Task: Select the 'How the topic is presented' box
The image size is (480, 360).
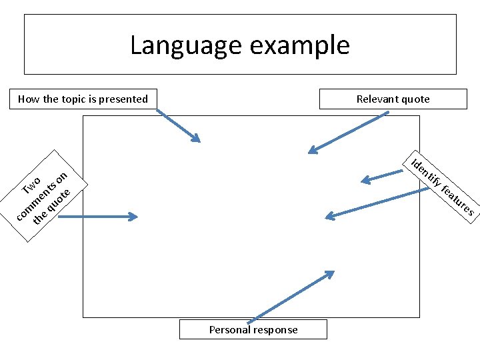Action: coord(83,99)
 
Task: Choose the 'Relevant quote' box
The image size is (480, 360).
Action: coord(393,99)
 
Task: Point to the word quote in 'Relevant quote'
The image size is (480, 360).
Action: coord(415,99)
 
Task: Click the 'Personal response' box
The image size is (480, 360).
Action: coord(253,329)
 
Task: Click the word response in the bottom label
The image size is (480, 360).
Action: coord(276,329)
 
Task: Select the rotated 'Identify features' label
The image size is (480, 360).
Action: coord(442,185)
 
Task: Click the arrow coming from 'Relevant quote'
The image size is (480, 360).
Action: coord(348,132)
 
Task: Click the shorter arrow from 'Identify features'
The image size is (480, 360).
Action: coord(383,177)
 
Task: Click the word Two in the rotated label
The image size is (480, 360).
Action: coord(32,185)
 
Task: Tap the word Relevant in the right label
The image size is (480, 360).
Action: coord(377,99)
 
